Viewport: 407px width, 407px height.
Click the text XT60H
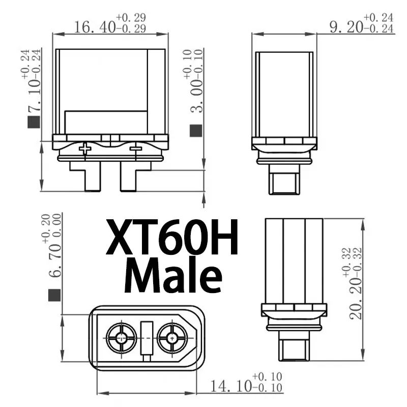point(171,238)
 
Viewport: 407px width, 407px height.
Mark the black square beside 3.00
point(195,131)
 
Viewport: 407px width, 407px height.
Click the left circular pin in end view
point(121,336)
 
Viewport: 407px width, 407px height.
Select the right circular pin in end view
point(172,336)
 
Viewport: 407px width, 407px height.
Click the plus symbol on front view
point(85,149)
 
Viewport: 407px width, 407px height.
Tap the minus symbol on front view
point(135,149)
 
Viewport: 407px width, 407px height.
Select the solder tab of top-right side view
point(284,183)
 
